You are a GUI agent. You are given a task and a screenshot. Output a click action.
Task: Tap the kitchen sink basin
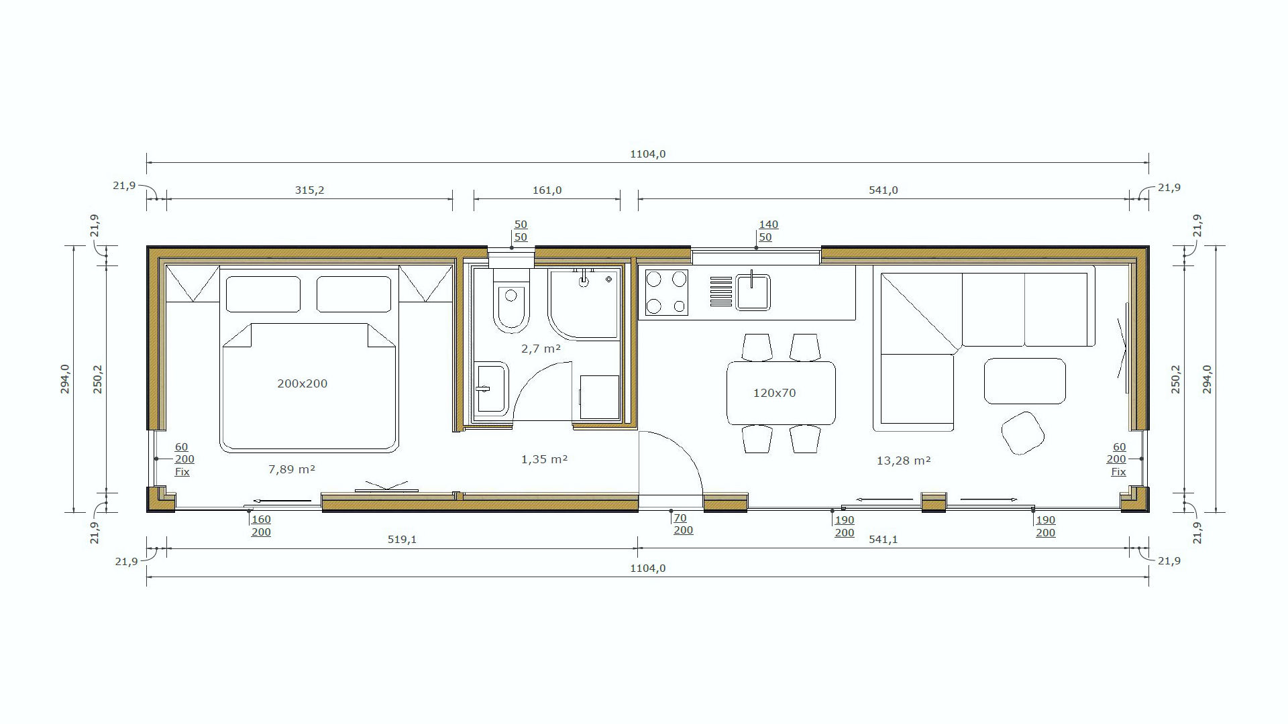[x=753, y=292]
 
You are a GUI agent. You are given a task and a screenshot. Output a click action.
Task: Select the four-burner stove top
[x=666, y=292]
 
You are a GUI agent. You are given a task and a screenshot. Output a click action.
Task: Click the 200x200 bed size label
[x=302, y=383]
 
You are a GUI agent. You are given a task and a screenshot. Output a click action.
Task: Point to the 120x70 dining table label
[x=774, y=393]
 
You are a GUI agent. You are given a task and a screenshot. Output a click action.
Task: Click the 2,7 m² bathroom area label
[x=541, y=349]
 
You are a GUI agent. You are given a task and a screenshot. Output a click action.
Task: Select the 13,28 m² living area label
[x=904, y=461]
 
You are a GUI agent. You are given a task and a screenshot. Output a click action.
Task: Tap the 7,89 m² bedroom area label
[x=292, y=469]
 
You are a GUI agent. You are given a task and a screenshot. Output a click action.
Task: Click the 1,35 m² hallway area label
[x=545, y=459]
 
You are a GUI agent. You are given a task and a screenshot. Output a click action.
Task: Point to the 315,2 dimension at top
[x=309, y=190]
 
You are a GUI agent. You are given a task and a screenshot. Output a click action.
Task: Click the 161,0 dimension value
[x=547, y=190]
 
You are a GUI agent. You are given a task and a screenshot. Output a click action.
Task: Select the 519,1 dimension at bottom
[x=402, y=539]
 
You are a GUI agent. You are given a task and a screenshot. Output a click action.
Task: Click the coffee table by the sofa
[x=1024, y=381]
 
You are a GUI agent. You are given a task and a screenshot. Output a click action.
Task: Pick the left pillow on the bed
[x=263, y=294]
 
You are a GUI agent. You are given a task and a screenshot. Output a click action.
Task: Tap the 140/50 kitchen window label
[x=768, y=231]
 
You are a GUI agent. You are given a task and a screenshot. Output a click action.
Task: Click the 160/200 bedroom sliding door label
[x=261, y=526]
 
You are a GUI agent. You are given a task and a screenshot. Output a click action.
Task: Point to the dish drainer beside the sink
[x=721, y=292]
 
